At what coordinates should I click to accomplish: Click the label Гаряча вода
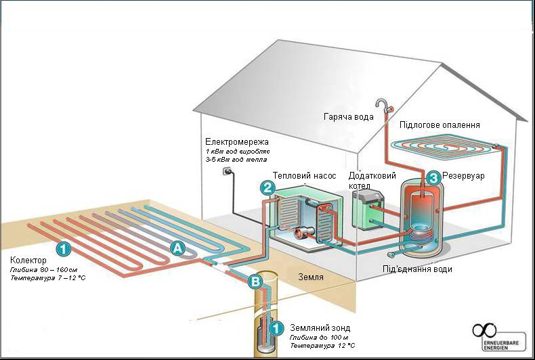[x=348, y=117]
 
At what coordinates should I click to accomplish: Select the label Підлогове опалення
[x=440, y=125]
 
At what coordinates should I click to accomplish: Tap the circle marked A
[x=177, y=248]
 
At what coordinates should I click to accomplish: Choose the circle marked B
[x=256, y=281]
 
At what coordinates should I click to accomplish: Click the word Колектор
[x=29, y=261]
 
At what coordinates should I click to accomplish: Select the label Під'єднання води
[x=417, y=269]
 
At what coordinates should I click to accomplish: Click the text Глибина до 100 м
[x=318, y=336]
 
